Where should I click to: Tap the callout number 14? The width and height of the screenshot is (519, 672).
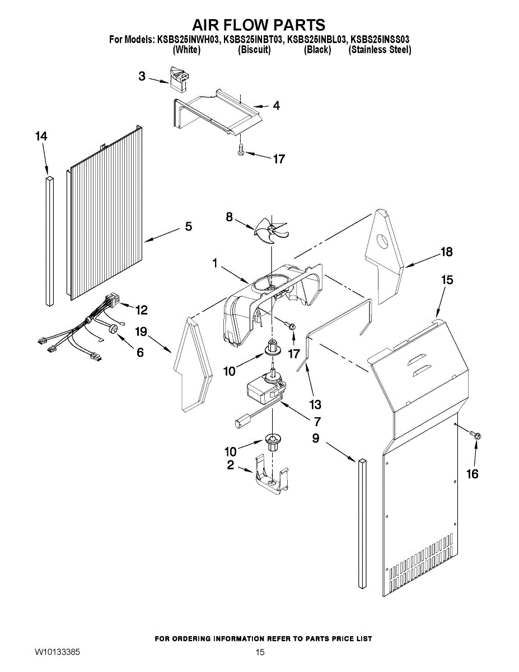click(x=41, y=137)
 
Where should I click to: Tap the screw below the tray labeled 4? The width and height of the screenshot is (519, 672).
click(x=241, y=149)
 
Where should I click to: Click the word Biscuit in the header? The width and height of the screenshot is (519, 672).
click(x=254, y=50)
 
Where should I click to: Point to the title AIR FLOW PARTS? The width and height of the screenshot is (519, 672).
click(x=259, y=25)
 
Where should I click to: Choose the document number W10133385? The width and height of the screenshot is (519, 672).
click(x=57, y=652)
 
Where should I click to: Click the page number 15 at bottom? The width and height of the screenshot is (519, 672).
click(x=260, y=652)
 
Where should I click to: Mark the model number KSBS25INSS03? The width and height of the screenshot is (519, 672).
click(x=380, y=40)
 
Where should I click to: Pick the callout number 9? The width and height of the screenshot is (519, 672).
click(x=316, y=438)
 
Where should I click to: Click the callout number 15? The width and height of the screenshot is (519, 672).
click(x=447, y=279)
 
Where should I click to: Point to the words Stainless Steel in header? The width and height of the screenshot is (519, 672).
click(x=380, y=50)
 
